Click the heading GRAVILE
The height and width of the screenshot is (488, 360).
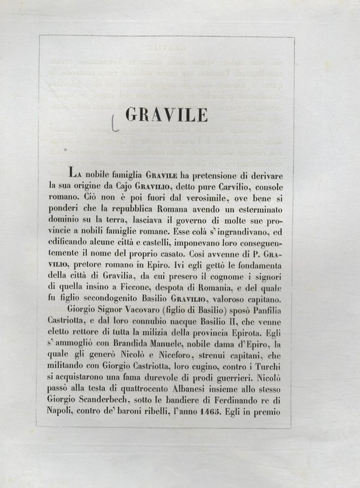pos(166,114)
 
